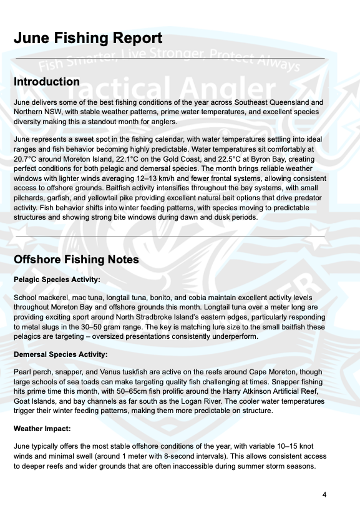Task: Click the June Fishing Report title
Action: tap(88, 38)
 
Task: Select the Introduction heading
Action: tap(47, 82)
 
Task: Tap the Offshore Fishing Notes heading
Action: tap(76, 260)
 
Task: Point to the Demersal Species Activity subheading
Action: tap(61, 354)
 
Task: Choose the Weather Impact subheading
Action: tap(43, 429)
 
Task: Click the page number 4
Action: tap(324, 495)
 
